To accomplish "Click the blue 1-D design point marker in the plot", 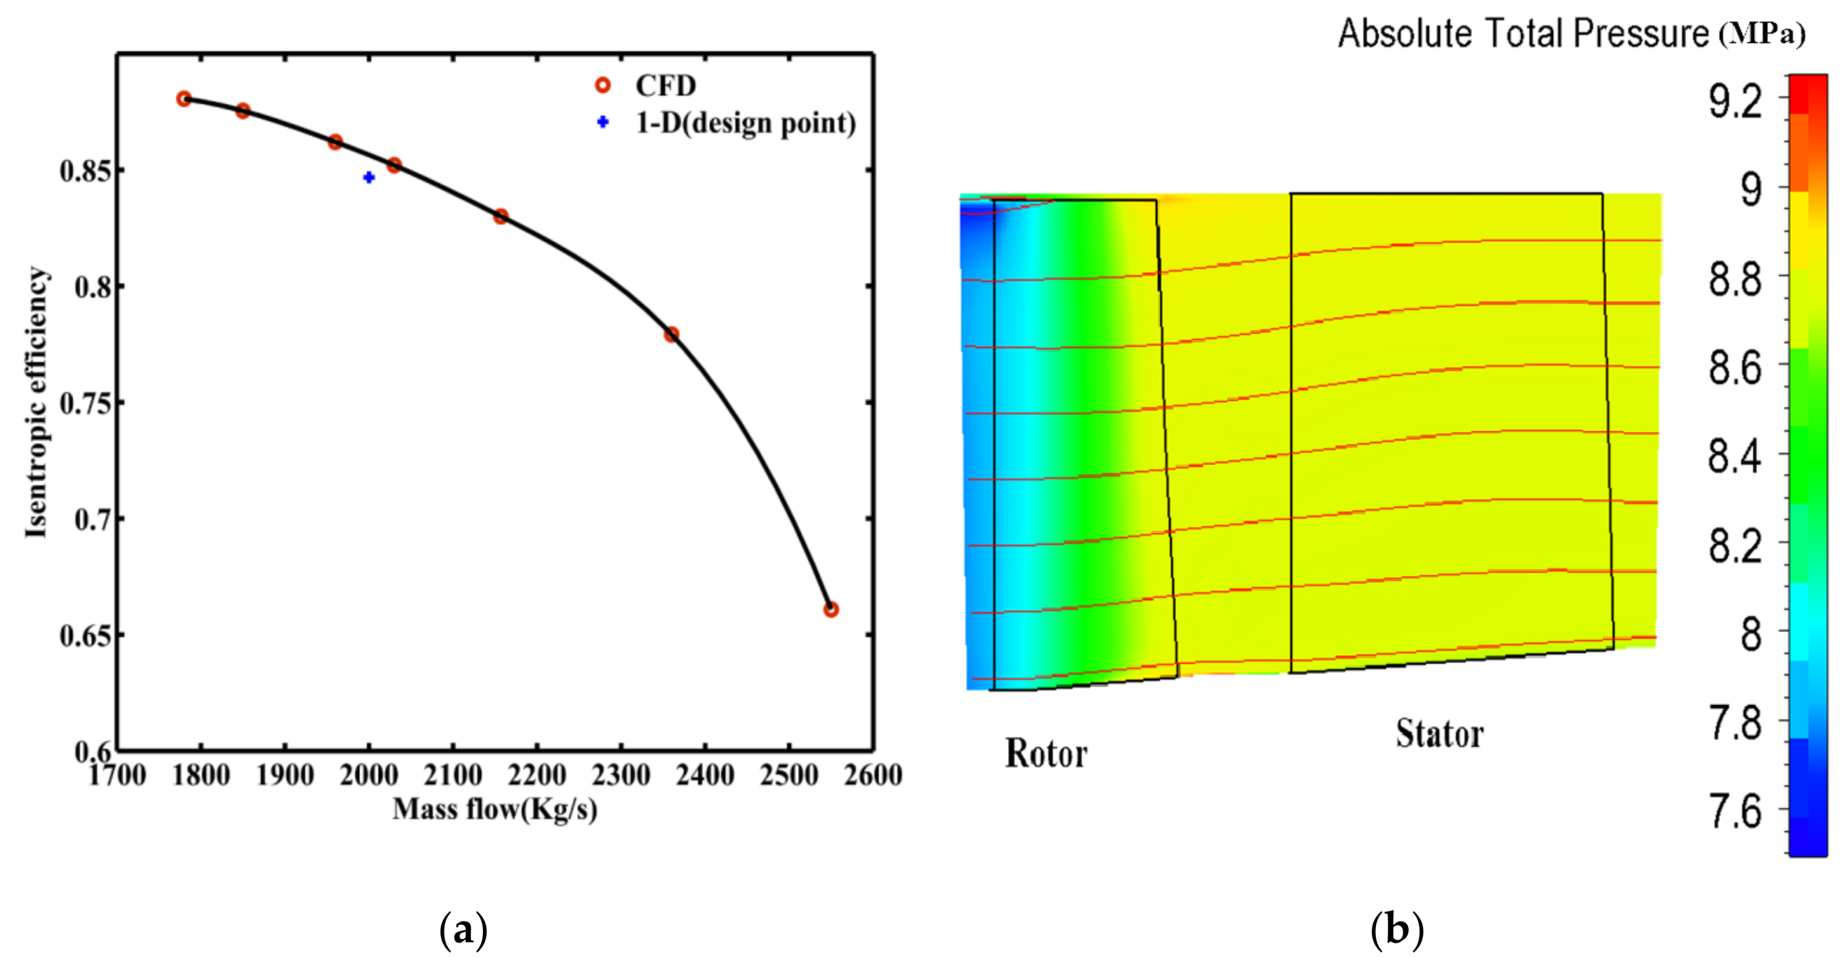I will click(368, 177).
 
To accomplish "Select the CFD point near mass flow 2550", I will click(830, 609).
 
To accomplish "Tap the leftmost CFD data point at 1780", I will click(184, 99).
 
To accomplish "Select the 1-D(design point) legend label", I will click(745, 123).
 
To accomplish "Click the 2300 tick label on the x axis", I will click(621, 775).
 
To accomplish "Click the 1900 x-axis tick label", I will click(285, 775).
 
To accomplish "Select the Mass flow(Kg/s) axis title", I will click(494, 810).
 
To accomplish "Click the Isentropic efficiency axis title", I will click(36, 402).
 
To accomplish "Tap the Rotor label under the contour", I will click(1046, 753).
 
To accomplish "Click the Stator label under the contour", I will click(1439, 734).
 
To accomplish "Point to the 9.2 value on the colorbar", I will click(1734, 101).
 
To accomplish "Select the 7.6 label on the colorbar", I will click(1734, 811).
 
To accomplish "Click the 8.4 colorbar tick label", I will click(1734, 456).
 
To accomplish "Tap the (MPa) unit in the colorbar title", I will click(1761, 34).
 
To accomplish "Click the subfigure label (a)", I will click(463, 930).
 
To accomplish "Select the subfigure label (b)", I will click(1396, 930).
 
